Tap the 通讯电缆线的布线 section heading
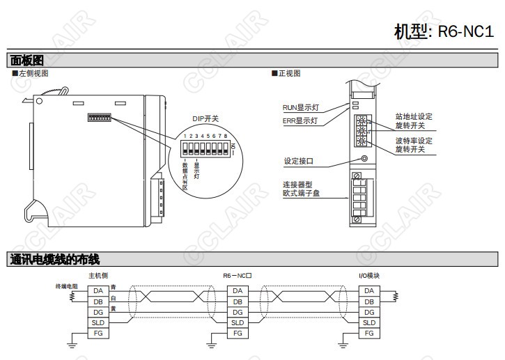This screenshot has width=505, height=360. (55, 260)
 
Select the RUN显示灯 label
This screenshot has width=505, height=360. (300, 108)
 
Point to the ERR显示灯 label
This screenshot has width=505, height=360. (300, 120)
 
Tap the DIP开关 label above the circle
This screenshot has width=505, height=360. (205, 118)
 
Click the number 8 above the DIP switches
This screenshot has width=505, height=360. (227, 135)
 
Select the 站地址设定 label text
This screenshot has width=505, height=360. (414, 117)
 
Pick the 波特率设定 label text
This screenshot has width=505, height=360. (414, 141)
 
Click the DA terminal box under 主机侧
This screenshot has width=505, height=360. (98, 290)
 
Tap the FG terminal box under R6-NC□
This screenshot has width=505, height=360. (238, 334)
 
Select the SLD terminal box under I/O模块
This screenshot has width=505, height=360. (368, 322)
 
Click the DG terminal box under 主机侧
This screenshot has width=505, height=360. (98, 312)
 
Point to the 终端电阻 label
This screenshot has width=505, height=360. (67, 286)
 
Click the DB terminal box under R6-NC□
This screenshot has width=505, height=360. (238, 302)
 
